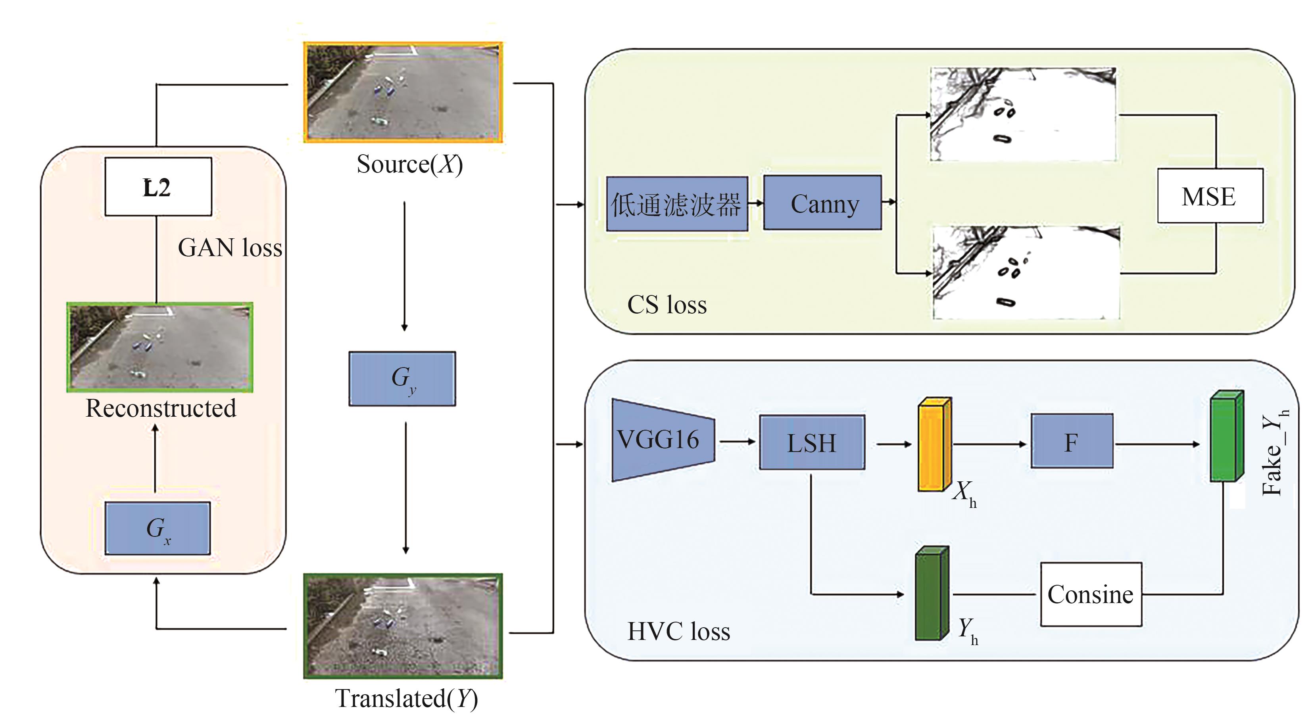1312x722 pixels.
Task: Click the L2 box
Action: point(158,187)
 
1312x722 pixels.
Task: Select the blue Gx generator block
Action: point(158,528)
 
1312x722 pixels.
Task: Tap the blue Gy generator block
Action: point(402,378)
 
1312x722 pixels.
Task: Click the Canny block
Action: point(822,203)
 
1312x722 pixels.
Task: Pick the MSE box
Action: point(1210,196)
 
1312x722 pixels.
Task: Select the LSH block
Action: point(811,442)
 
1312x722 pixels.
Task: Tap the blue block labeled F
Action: point(1072,441)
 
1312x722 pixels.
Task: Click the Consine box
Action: point(1091,594)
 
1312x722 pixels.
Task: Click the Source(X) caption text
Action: point(409,165)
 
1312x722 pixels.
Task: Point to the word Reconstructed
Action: point(160,408)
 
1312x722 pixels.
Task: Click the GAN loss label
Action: point(230,248)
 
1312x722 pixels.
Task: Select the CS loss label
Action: point(667,305)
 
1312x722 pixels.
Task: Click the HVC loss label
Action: point(678,631)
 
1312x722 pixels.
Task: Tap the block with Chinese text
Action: point(677,204)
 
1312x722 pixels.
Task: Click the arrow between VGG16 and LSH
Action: point(736,441)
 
